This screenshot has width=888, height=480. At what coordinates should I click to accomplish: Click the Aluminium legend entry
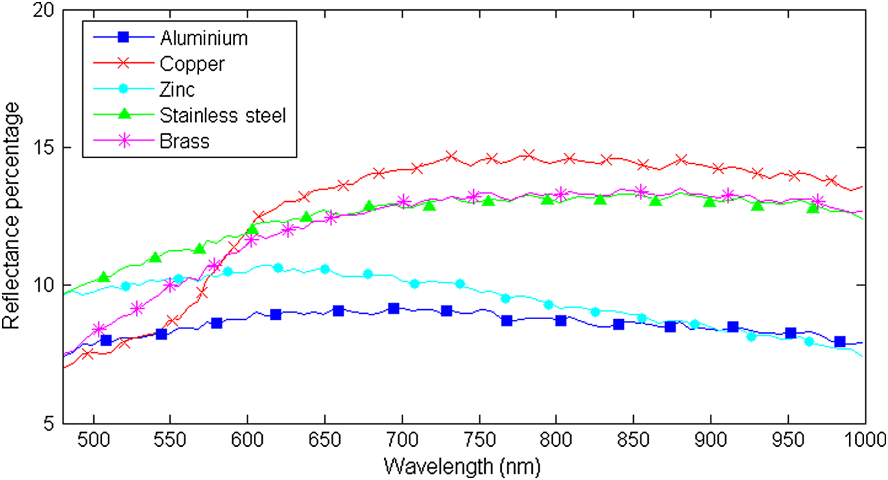point(203,38)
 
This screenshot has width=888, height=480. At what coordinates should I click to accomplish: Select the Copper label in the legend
point(191,64)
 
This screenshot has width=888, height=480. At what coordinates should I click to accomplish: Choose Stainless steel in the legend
point(222,115)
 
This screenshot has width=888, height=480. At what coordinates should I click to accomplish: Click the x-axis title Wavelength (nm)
point(465,466)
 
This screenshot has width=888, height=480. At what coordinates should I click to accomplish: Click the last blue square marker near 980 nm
point(840,342)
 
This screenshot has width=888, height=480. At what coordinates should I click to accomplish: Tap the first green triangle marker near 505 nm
point(103,277)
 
